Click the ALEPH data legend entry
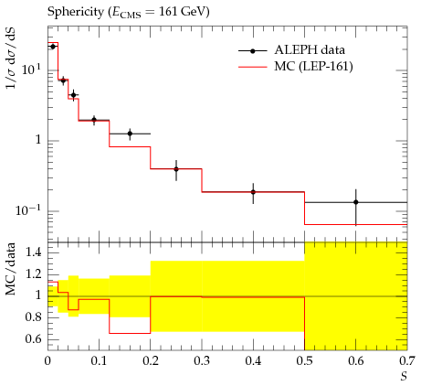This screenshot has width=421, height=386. [291, 50]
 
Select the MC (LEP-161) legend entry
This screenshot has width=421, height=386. [296, 66]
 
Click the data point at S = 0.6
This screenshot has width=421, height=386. [355, 202]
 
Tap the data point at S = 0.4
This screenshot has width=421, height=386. [253, 192]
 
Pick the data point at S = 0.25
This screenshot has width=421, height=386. [176, 169]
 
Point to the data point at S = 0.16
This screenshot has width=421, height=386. [130, 134]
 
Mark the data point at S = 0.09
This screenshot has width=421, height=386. [94, 120]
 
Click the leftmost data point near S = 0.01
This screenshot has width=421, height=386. [53, 47]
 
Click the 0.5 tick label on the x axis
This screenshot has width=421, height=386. [304, 361]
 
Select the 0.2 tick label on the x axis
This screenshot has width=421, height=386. [151, 361]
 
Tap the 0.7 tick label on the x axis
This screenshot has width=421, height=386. [407, 361]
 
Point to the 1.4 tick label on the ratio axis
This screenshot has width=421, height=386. [33, 252]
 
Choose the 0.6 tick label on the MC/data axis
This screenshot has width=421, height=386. [33, 339]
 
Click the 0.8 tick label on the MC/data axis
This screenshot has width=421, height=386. [33, 317]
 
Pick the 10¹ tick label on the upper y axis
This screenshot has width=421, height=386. [32, 70]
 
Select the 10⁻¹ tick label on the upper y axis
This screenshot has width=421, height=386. [28, 210]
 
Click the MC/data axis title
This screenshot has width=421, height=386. [10, 269]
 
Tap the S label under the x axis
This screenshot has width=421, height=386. [404, 377]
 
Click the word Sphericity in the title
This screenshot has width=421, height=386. [76, 13]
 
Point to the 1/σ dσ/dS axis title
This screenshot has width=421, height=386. [11, 59]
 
